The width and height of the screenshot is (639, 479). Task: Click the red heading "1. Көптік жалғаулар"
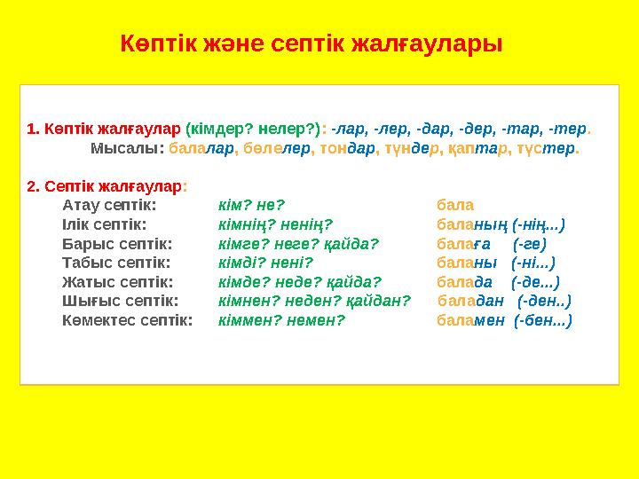click(104, 129)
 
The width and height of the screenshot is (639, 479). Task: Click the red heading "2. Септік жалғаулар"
click(104, 186)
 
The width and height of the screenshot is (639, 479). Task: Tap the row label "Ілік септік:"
click(105, 224)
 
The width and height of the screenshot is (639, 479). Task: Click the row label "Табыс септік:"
click(115, 263)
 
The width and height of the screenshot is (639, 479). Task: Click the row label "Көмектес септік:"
click(127, 320)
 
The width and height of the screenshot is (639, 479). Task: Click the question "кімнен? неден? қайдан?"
click(314, 301)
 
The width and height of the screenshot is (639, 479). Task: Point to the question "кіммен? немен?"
click(281, 320)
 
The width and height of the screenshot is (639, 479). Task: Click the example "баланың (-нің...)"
click(501, 224)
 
